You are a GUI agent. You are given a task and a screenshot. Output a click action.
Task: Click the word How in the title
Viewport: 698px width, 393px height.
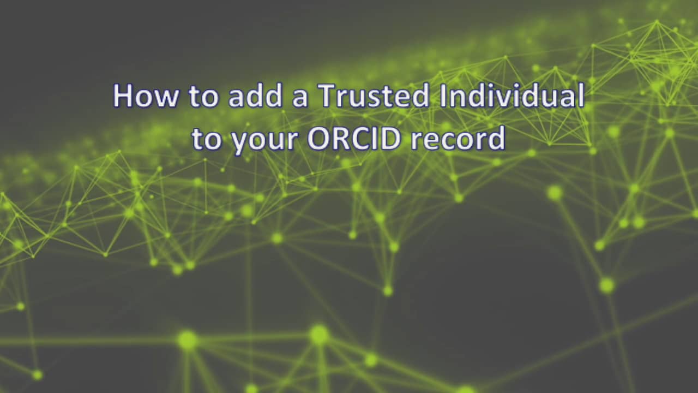tap(146, 96)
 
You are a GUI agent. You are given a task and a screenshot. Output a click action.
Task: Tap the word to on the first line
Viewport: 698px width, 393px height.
tap(203, 97)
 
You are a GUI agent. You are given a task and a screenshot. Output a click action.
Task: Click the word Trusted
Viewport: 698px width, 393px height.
tap(374, 96)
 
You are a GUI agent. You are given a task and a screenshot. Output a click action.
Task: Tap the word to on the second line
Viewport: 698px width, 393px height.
tap(206, 140)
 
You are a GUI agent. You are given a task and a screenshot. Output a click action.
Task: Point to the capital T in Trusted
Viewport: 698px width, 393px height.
tap(326, 96)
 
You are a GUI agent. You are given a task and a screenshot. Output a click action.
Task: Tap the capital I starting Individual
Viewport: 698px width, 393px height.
tap(443, 96)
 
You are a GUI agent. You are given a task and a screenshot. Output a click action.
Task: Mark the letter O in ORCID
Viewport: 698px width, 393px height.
tap(318, 139)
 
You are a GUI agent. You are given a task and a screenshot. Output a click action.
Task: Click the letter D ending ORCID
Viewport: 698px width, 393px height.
tap(393, 139)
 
